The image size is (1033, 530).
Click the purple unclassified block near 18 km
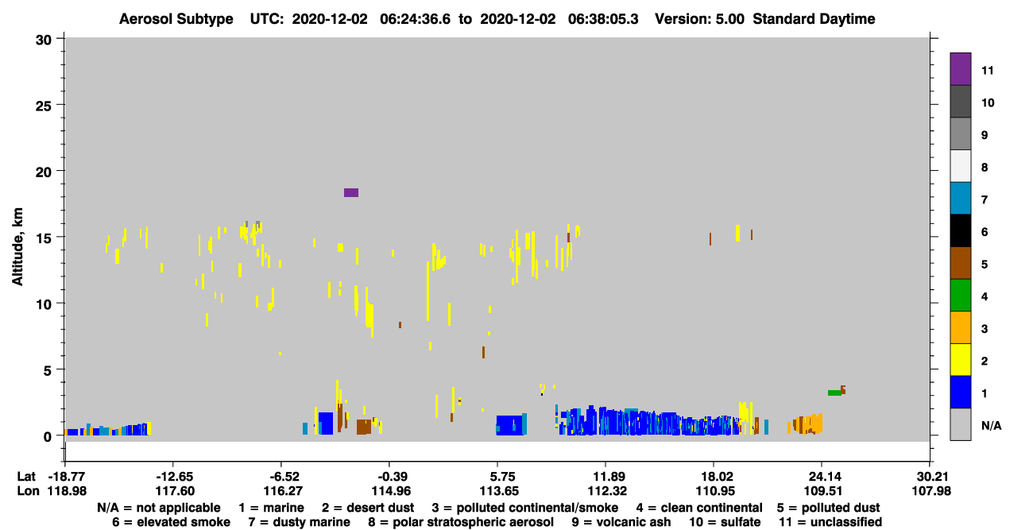click(x=351, y=192)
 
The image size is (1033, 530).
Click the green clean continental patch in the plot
click(x=834, y=393)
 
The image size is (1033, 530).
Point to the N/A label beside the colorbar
click(x=991, y=425)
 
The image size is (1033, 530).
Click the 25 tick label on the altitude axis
click(x=44, y=106)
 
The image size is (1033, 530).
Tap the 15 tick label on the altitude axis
click(x=44, y=238)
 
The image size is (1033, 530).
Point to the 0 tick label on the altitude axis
click(x=48, y=436)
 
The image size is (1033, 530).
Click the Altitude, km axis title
click(x=17, y=247)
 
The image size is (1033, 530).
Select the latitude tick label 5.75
click(x=502, y=477)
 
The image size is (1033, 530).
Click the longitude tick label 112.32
click(x=607, y=491)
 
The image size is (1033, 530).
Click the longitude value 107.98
click(x=931, y=491)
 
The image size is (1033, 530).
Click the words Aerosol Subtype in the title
click(x=176, y=19)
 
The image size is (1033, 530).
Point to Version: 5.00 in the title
click(x=699, y=19)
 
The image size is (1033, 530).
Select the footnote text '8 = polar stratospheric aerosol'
click(x=461, y=522)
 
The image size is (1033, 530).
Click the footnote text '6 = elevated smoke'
click(x=171, y=522)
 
